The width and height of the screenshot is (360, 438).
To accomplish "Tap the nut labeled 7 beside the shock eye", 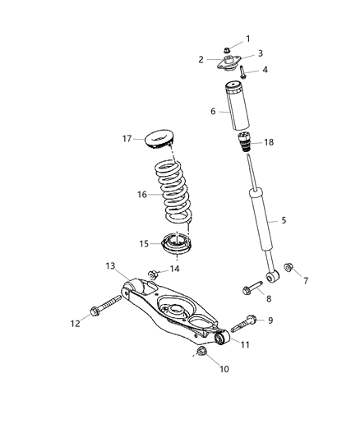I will [289, 268].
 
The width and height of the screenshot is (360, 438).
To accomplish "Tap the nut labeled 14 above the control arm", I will [154, 272].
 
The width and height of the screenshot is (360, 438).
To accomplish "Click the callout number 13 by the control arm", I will [111, 265].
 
